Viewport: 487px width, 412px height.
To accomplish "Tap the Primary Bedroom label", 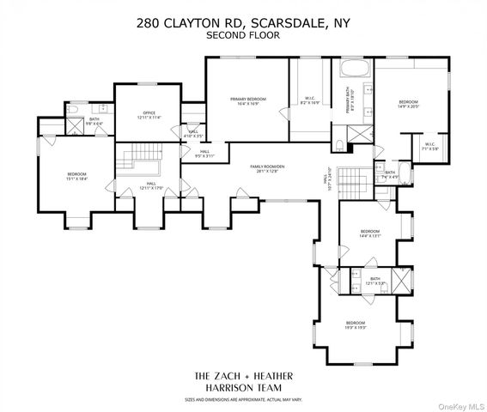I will pos(247,101).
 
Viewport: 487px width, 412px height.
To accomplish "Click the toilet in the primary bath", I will pos(339,144).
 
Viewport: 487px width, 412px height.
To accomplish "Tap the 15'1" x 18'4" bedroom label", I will pos(76,177).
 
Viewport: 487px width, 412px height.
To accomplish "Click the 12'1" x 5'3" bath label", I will pos(374,281).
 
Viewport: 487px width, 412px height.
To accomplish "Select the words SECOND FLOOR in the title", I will pos(243,36).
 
